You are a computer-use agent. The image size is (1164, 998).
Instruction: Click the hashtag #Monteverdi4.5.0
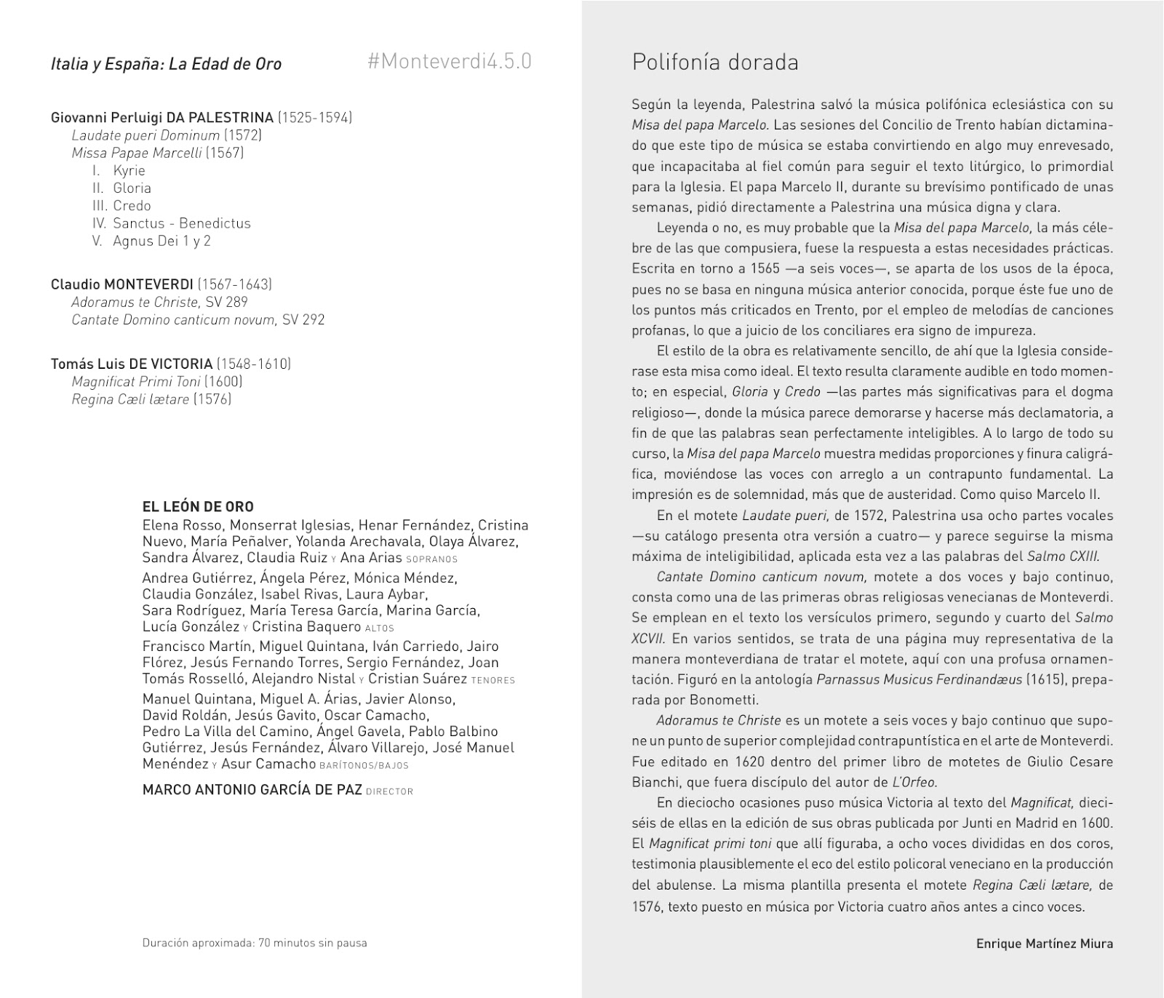pos(450,62)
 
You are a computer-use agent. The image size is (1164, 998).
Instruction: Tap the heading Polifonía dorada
pos(715,63)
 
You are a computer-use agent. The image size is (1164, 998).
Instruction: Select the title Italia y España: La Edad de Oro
pos(166,64)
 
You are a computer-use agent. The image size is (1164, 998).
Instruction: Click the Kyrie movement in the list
pos(129,170)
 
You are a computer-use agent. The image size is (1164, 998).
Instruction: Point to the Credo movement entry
pos(132,206)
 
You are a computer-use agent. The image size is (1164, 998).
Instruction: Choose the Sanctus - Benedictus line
pos(181,223)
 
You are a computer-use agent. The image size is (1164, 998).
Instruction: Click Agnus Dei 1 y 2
pos(162,241)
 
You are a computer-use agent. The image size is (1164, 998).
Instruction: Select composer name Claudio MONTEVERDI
pos(122,284)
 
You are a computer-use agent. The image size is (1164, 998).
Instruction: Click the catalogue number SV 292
pos(303,319)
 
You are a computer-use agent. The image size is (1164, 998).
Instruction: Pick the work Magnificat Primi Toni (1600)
pos(157,381)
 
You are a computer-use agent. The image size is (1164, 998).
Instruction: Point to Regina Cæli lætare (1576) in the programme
pos(151,399)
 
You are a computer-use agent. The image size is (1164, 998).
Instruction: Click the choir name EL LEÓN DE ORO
pos(198,507)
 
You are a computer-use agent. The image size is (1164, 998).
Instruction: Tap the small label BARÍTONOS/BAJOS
pos(364,765)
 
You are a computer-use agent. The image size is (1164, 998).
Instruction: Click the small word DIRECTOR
pos(389,791)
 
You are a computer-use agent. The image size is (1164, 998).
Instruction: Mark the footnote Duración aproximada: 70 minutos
pos(255,943)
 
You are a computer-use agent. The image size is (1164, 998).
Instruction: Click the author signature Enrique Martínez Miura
pos(1044,944)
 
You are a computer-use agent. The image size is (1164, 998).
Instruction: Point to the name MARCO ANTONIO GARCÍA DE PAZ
pos(252,790)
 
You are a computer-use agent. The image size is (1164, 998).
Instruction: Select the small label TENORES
pos(493,681)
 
